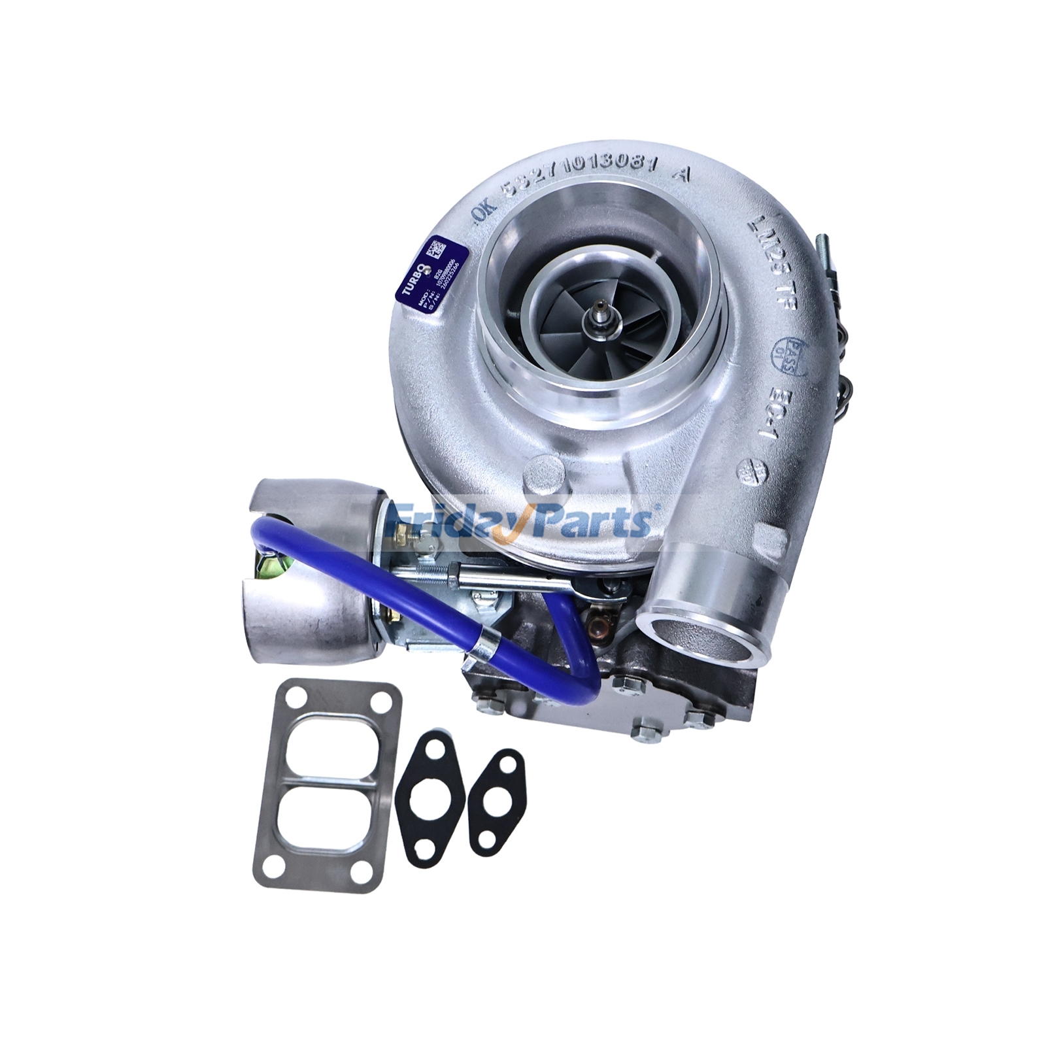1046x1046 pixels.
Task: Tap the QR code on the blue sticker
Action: pos(436,249)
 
